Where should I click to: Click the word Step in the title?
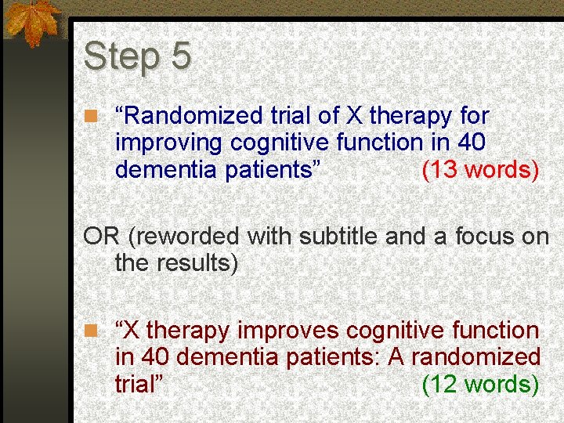[116, 57]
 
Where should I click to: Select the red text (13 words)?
[480, 169]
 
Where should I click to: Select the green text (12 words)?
[480, 384]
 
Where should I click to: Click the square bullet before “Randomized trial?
[92, 117]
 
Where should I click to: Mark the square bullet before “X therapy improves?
[92, 331]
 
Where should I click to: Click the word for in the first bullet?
[475, 116]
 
